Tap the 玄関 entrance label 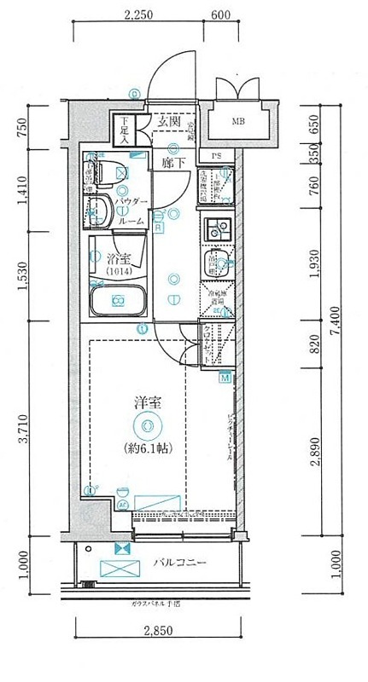169,122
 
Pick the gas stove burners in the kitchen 218,229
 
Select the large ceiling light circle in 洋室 147,426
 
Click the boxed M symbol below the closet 225,378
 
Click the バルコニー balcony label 181,564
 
